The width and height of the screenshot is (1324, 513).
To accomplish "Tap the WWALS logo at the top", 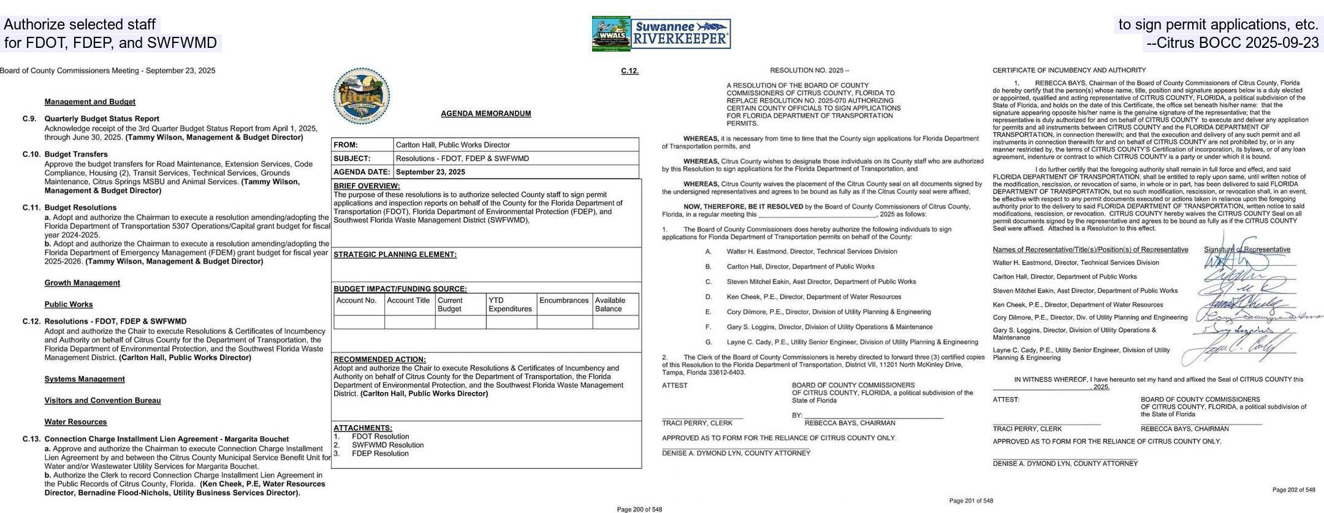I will [x=611, y=34].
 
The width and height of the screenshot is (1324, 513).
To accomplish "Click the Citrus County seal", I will [x=362, y=96].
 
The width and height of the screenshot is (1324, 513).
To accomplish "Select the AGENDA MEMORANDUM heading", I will [x=485, y=114].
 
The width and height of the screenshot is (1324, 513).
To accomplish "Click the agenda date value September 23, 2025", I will [x=430, y=172].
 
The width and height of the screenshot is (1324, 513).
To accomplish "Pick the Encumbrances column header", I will [x=563, y=301].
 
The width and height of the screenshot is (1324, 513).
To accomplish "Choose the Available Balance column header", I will [x=610, y=304].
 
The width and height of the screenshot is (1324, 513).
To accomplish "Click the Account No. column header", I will [x=356, y=301].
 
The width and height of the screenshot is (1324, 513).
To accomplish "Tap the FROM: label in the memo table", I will [x=345, y=145].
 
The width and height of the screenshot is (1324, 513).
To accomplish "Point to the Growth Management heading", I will [x=82, y=283].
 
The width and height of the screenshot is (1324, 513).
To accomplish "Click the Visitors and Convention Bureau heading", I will [x=102, y=401].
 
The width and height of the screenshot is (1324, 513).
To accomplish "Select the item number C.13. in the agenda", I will [x=31, y=439].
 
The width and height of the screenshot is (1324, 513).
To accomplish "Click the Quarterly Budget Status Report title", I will [x=102, y=119].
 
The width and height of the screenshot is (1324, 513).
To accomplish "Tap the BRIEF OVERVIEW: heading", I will [x=367, y=186].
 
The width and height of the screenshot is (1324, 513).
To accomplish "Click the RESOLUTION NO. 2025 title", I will [x=809, y=71].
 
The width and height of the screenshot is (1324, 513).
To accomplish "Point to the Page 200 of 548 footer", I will [x=639, y=509].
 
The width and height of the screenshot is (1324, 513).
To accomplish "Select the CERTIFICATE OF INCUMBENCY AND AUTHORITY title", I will [x=1069, y=71].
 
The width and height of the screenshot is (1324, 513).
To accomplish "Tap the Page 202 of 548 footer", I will [x=1293, y=490].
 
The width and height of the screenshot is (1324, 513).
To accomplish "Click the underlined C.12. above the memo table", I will [x=630, y=71].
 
